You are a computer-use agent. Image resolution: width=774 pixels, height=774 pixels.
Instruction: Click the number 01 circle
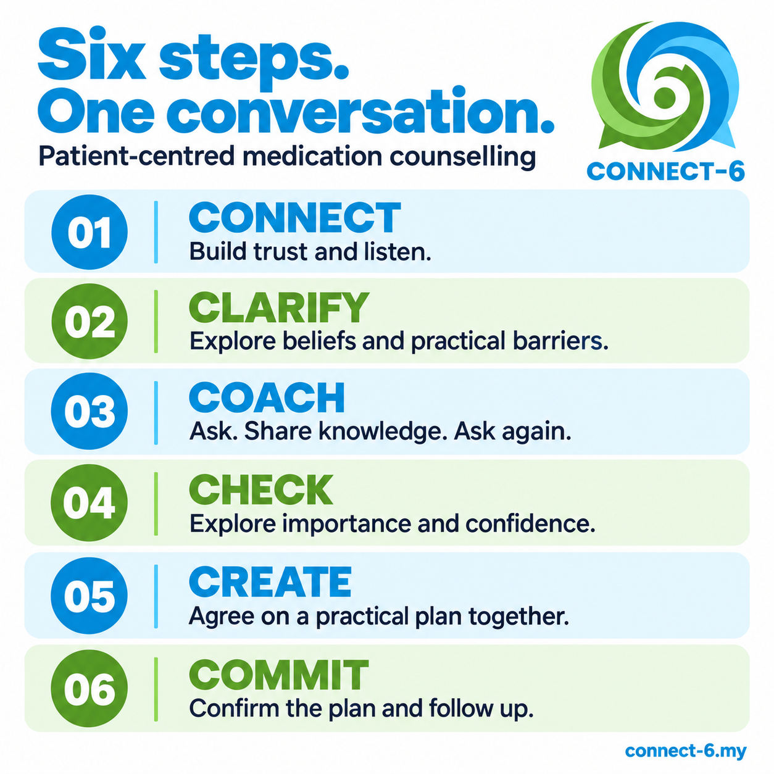pos(89,232)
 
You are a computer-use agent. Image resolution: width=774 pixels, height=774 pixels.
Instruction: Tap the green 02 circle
pos(89,322)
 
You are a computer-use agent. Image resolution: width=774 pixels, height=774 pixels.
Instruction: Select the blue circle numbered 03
pos(89,411)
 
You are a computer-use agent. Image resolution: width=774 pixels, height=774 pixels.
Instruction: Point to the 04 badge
pos(89,502)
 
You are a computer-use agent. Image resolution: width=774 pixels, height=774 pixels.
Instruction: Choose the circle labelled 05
pos(89,595)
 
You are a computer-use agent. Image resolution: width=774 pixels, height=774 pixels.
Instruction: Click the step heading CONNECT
pos(294,217)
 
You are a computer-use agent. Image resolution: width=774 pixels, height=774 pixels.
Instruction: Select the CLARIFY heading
pos(279,307)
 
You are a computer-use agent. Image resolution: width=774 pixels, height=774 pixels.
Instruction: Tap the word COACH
pos(267,397)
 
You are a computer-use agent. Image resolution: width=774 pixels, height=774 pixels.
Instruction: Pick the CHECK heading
pos(260,489)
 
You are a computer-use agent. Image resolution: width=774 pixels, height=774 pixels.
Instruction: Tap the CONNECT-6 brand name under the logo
pos(665,172)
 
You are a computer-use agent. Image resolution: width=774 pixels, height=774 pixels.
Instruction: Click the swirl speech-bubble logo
pos(665,86)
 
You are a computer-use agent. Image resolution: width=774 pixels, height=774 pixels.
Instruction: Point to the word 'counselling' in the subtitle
pos(463,157)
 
